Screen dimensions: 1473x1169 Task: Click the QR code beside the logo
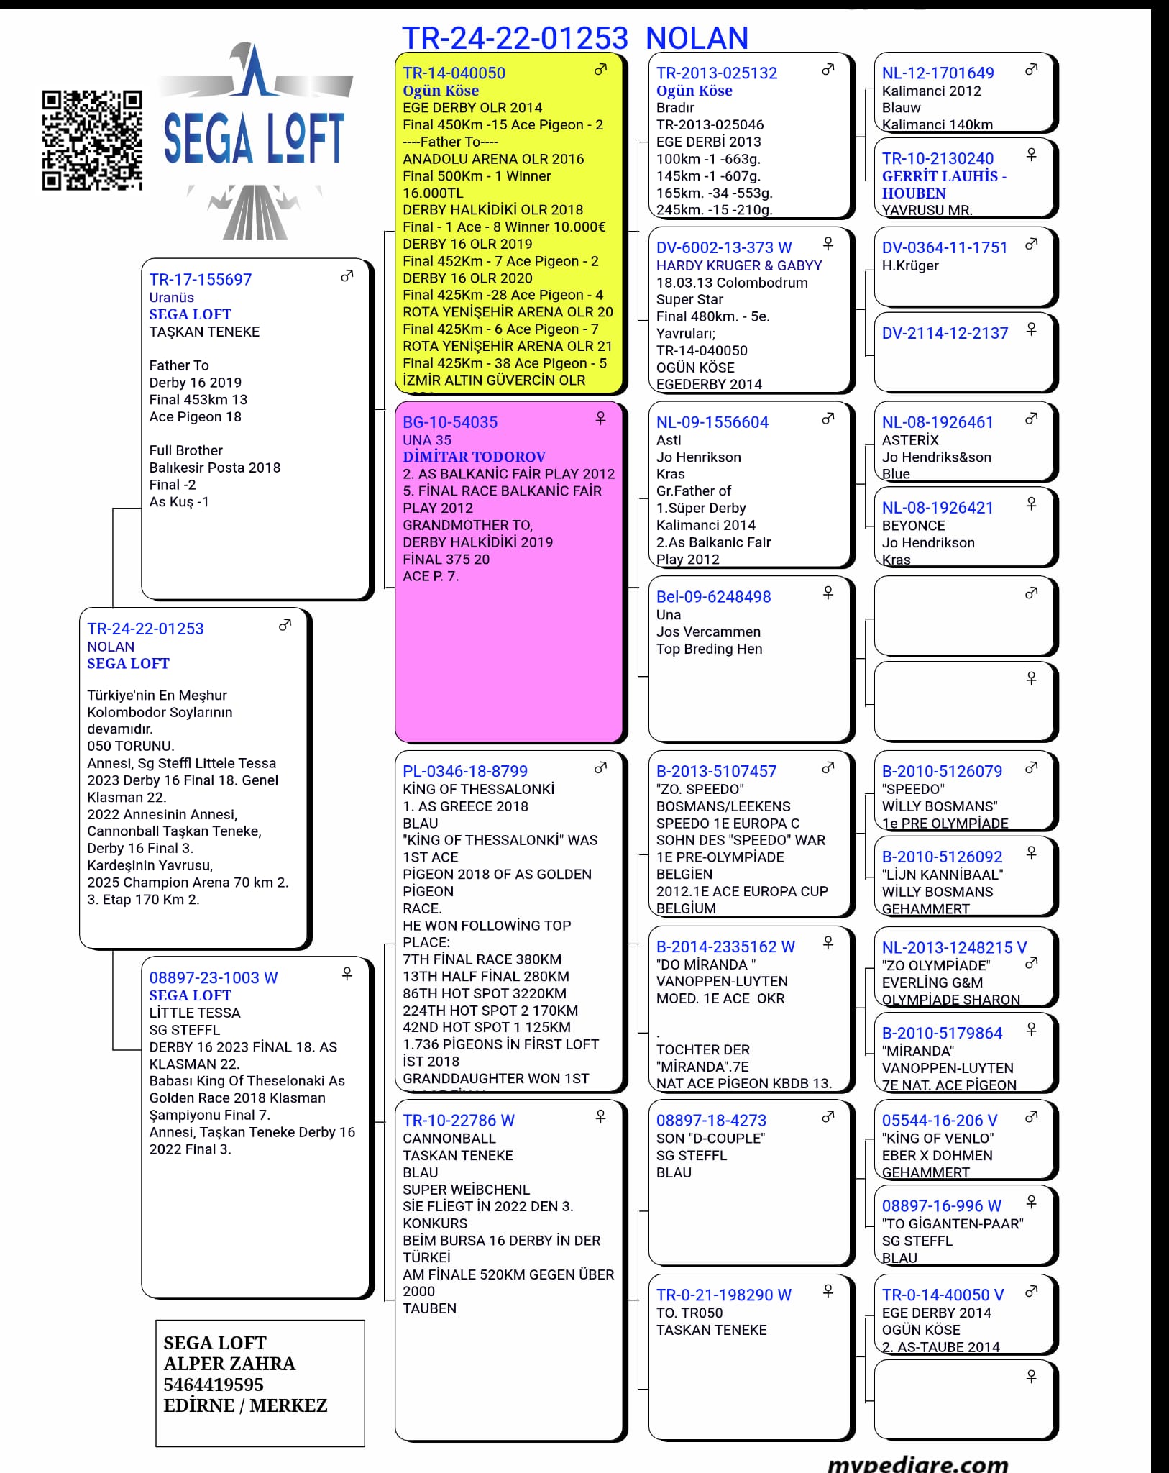tap(92, 141)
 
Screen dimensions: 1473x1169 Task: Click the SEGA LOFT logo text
tap(254, 138)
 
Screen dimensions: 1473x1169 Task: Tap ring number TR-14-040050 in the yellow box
tap(454, 73)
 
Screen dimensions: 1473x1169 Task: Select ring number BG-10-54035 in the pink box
tap(449, 422)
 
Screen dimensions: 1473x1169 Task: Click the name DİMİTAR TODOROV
tap(474, 457)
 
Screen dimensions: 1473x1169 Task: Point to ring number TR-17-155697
tap(201, 280)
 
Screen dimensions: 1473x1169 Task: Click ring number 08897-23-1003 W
tap(214, 978)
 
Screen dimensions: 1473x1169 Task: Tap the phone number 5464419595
tap(214, 1385)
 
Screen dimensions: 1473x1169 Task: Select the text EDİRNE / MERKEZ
tap(245, 1405)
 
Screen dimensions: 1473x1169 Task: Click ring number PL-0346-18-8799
tap(465, 772)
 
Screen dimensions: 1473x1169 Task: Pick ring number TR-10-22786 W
tap(459, 1121)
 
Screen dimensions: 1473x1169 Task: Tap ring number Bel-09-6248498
tap(713, 597)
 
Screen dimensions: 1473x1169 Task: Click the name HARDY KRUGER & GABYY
tap(739, 265)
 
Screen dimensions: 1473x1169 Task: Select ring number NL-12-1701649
tap(938, 73)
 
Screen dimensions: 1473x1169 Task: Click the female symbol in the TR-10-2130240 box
tap(1031, 155)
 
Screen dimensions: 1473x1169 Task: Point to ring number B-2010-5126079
tap(942, 772)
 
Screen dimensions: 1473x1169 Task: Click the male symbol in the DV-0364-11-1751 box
tap(1031, 244)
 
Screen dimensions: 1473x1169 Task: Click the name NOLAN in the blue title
tap(697, 38)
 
